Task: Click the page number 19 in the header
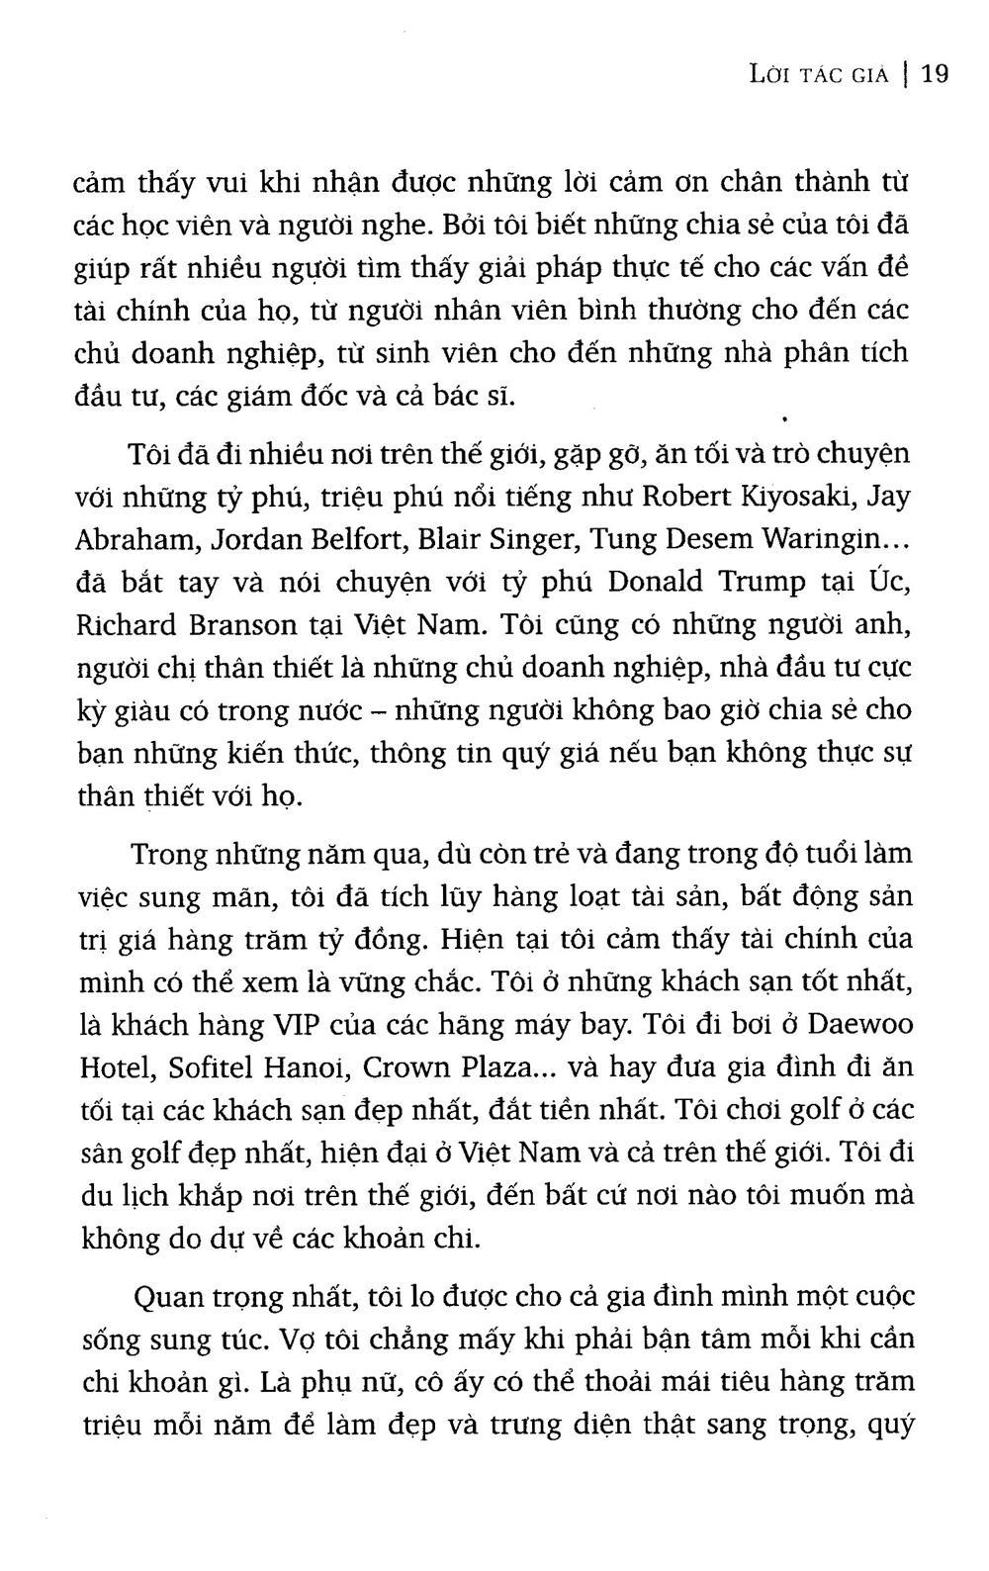coord(935,74)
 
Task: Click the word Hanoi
coord(308,1068)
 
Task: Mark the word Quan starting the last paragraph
coord(162,1296)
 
